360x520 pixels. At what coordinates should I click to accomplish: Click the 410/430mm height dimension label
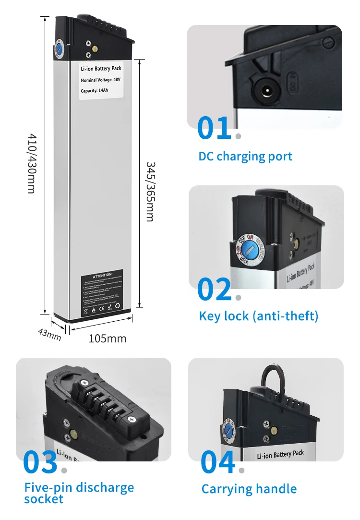31,163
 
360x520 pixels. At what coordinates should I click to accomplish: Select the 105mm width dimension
108,339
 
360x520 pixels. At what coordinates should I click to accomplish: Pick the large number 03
40,462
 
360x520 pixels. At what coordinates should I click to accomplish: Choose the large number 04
218,462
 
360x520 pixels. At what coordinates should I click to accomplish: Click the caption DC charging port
245,157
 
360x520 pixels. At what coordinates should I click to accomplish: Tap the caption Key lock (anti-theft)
259,316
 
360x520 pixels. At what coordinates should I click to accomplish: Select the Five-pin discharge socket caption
79,493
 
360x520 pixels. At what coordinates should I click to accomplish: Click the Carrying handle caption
249,489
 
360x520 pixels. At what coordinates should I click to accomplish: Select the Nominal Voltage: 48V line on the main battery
100,80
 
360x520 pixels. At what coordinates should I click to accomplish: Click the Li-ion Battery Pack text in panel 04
281,454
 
